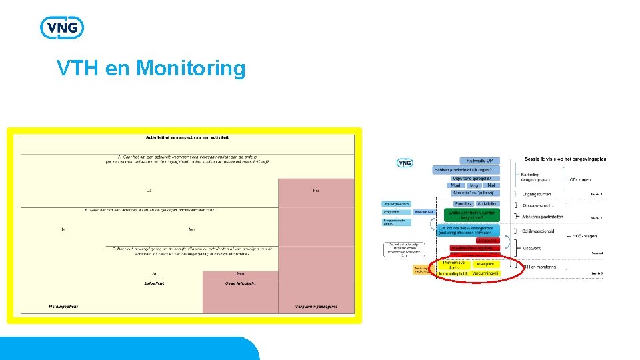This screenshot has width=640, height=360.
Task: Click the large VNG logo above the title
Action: pos(62,27)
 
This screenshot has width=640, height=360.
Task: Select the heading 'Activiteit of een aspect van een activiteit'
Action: pos(187,137)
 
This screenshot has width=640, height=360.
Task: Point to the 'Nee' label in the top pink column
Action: pos(316,191)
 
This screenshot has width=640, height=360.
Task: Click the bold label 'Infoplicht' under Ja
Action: pos(154,283)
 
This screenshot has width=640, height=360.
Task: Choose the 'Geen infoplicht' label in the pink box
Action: pos(240,283)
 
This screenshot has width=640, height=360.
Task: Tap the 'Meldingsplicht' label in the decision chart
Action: pos(63,307)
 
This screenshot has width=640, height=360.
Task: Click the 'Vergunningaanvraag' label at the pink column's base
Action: pos(316,307)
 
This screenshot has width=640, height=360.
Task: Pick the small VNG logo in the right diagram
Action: pos(404,163)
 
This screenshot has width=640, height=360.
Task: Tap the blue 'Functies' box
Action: pos(463,203)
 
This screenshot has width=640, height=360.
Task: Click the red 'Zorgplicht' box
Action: pos(487,241)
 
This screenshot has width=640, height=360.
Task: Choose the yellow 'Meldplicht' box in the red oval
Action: pos(487,265)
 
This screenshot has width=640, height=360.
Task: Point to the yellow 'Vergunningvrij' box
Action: pos(485,273)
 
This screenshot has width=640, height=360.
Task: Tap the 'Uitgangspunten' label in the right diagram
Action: pos(537,193)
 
